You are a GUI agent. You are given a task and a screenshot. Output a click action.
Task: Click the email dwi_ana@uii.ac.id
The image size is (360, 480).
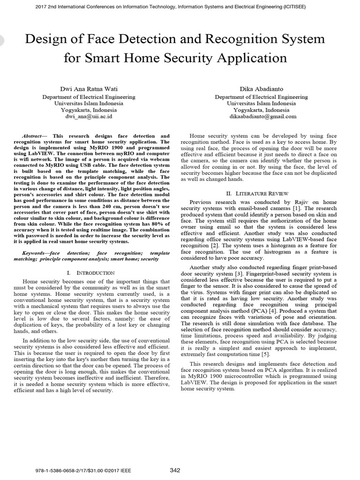(89, 116)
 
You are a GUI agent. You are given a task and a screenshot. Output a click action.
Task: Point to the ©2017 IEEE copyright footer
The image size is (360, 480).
(110, 470)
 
